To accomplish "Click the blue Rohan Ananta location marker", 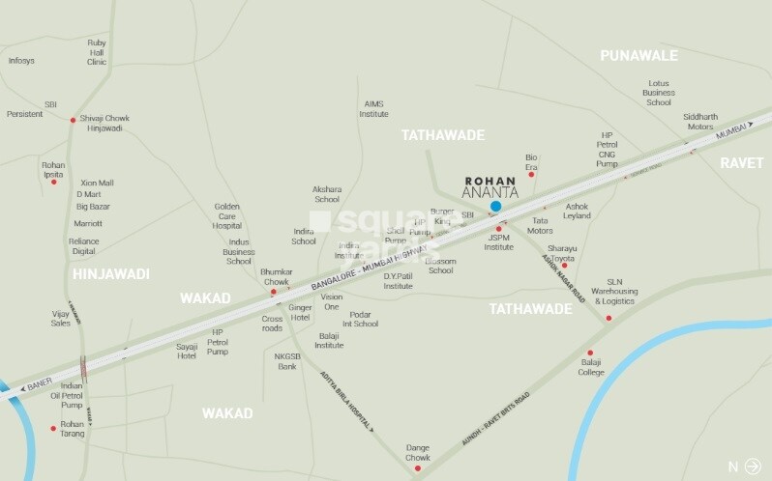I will pos(496,206).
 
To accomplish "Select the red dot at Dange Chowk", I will pos(418,468).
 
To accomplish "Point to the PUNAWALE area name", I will pos(638,57).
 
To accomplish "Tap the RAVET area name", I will pos(741,162).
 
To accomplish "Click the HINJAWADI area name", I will pos(110,274).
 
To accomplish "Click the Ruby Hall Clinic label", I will pos(97,52).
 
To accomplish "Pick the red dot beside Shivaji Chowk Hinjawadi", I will pos(73,120).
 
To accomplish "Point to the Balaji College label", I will pos(591,368).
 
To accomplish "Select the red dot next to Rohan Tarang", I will pos(53,428).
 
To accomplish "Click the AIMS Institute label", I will pos(374,108).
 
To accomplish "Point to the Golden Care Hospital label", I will pos(233,216).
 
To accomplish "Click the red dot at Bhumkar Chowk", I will pos(274,291).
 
